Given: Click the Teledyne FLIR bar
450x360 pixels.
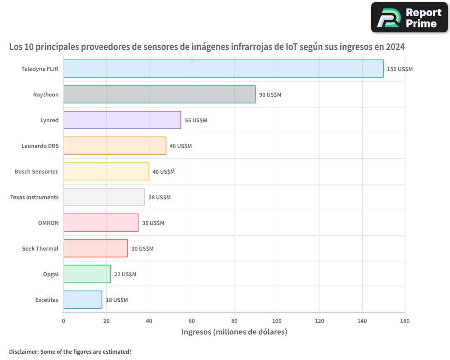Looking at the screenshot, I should point(223,69).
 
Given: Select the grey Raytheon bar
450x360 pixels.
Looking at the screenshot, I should point(159,94).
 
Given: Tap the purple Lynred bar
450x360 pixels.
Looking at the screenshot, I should point(122,120).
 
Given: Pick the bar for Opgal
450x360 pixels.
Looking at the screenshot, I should point(87,274).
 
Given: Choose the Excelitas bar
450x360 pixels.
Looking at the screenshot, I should point(82,300).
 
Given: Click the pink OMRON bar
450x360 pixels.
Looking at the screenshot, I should point(101,223).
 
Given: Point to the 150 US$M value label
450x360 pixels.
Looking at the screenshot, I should point(400,69).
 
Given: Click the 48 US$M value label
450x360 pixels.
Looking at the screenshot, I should point(180,146).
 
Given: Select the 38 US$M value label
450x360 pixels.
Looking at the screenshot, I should point(159,198).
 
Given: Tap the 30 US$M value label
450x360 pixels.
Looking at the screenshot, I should point(142,249).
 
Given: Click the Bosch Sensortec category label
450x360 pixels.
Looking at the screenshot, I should point(36,172).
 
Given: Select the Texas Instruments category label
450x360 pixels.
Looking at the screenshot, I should point(34,198).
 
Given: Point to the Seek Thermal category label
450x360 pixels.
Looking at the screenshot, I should point(40,249).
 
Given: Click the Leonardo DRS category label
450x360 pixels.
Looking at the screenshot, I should point(40,146).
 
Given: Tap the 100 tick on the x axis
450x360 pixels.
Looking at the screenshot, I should point(277,321).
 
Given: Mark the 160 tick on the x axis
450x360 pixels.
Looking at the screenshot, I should point(405,321).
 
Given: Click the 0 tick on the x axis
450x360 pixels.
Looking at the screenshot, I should point(63,321).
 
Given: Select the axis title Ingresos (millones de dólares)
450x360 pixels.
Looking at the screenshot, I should point(234,332).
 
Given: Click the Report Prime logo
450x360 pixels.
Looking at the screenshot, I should point(409,18).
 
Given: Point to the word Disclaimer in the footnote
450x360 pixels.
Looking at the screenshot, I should point(23,351).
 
